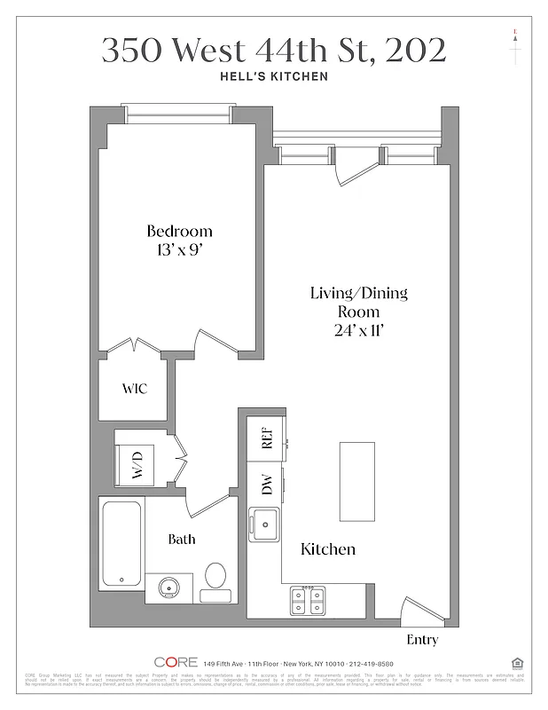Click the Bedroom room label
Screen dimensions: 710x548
click(179, 232)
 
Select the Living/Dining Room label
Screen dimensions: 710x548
click(358, 302)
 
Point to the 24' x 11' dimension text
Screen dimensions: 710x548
click(358, 330)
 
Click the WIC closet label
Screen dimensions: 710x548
click(134, 389)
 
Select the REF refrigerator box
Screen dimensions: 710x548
click(266, 437)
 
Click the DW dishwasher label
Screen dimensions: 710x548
click(266, 484)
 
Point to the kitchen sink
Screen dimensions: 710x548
click(264, 524)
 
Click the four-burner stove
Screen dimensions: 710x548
click(308, 601)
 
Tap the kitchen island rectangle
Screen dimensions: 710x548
click(356, 481)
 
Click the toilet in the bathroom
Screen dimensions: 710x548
click(215, 578)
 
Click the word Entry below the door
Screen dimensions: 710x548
click(421, 640)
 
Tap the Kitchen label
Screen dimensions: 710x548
click(328, 549)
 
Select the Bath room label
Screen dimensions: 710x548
click(182, 539)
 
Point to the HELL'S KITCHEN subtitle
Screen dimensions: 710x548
click(273, 76)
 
